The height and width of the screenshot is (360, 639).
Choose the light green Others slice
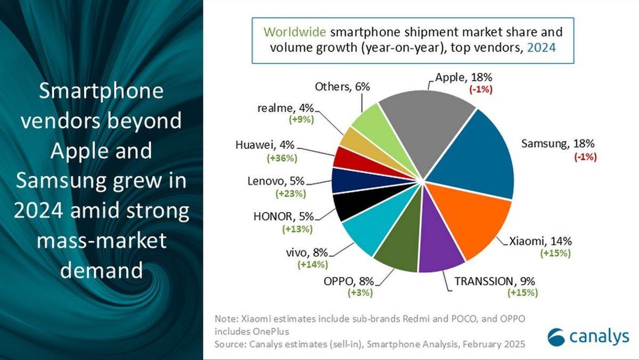[376, 128]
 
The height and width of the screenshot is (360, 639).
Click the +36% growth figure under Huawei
[282, 158]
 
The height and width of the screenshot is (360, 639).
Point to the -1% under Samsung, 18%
[585, 157]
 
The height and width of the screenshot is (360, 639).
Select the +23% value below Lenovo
[291, 194]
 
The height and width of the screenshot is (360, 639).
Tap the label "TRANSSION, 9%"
[495, 281]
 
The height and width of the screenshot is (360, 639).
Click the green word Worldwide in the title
[294, 32]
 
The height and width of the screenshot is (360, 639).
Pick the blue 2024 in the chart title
[542, 47]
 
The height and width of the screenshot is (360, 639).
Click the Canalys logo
[588, 337]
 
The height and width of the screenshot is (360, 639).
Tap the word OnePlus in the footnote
[271, 331]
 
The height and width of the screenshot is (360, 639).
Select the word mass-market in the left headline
[102, 240]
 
